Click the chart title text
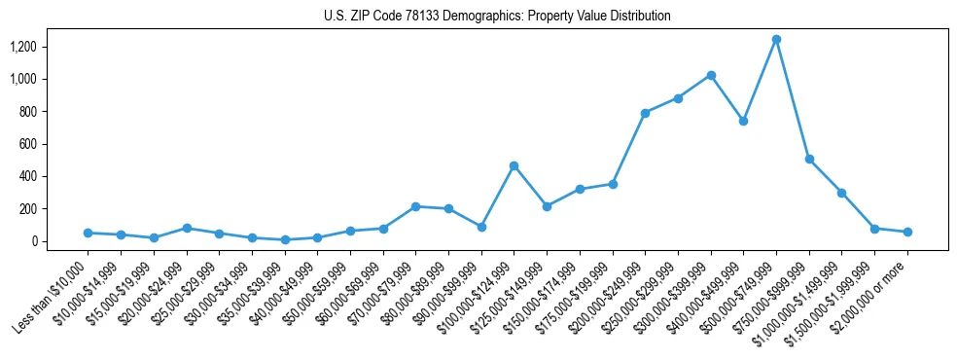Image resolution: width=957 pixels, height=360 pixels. point(497,17)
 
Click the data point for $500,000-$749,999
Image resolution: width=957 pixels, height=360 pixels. point(776,40)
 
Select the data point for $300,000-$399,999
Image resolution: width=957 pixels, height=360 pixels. point(711,75)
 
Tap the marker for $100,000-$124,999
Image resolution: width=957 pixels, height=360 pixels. point(514,165)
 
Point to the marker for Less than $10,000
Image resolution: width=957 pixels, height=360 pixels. point(88,233)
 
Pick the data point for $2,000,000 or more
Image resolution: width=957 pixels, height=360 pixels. point(907,232)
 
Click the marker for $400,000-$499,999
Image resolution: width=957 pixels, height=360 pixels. point(743,122)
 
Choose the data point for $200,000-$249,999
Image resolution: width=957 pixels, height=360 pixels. point(645,113)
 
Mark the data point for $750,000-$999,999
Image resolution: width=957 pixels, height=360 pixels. point(809,159)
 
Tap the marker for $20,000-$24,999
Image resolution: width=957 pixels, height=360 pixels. point(186,228)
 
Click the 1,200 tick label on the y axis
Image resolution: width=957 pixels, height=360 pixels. point(23,47)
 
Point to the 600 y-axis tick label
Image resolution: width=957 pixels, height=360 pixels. point(28,144)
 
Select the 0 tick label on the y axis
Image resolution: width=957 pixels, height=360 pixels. point(35,241)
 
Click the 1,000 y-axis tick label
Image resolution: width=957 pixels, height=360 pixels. point(23,79)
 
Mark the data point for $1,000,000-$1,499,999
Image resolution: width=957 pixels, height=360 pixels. point(842,193)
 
